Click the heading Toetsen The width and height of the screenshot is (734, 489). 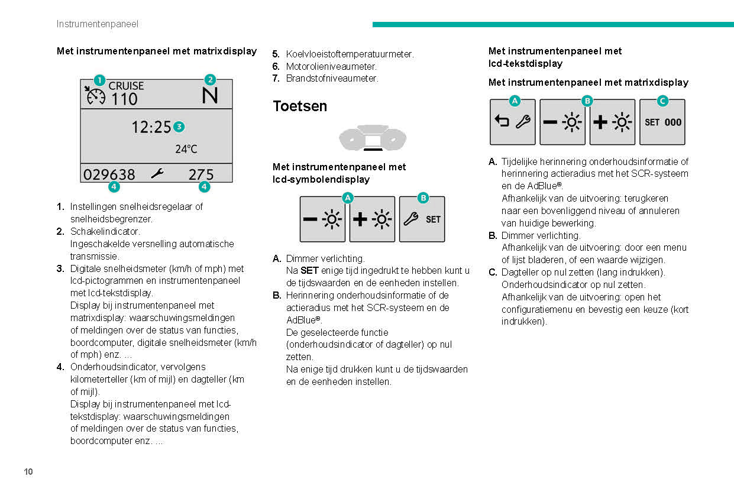(299, 106)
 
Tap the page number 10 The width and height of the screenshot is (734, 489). (28, 471)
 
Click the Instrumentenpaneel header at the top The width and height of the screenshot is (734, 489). (98, 24)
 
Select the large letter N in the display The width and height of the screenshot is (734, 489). (210, 95)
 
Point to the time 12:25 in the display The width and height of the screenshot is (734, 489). (151, 127)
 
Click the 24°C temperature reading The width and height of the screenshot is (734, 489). (186, 149)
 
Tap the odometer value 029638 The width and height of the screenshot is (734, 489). (109, 174)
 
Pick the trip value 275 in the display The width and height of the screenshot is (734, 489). (201, 174)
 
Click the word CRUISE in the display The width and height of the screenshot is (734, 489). (126, 86)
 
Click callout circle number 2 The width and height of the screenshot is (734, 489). (210, 79)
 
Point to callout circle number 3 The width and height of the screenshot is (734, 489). (179, 126)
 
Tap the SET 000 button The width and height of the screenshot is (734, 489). (662, 122)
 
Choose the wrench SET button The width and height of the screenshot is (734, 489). (422, 219)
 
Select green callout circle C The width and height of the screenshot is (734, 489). (662, 101)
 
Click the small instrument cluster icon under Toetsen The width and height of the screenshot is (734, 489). (372, 140)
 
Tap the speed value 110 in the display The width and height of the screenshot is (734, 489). (124, 99)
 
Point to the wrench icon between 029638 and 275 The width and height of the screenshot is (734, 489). (157, 174)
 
